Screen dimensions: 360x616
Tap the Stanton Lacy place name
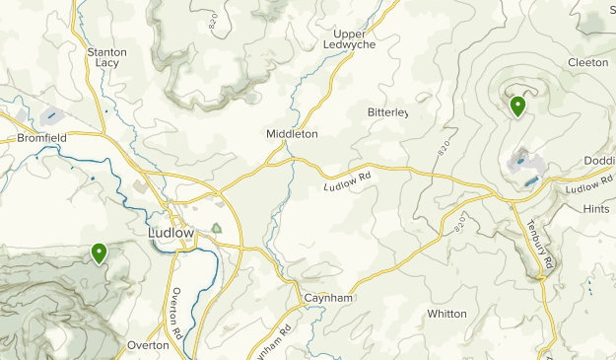(x=106, y=56)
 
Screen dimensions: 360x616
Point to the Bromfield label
(x=42, y=139)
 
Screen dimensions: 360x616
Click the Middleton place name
(x=292, y=133)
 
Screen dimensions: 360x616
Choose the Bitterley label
(x=387, y=113)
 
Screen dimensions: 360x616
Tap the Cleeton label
(x=587, y=61)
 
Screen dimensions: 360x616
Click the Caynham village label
(x=327, y=297)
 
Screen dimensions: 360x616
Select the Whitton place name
(x=446, y=314)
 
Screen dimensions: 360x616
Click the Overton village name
(x=148, y=345)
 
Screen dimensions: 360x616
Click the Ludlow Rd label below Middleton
(x=349, y=180)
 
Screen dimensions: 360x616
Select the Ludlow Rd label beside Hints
(x=589, y=184)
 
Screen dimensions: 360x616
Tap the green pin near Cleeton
(x=517, y=106)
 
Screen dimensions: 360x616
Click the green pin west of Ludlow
(x=99, y=253)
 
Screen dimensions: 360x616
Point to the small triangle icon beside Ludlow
(x=217, y=229)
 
